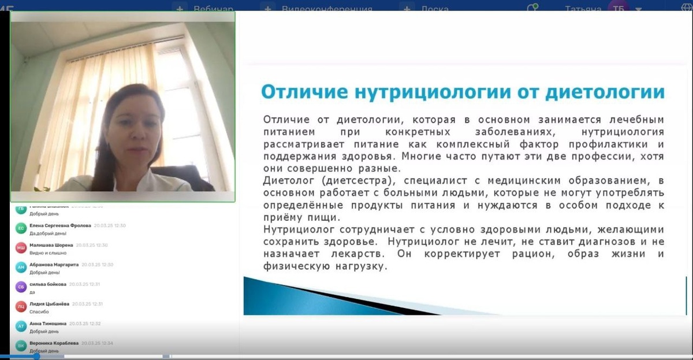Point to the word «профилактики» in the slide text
[x=612, y=144]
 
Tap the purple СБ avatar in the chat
[x=21, y=287]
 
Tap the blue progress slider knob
[x=36, y=356]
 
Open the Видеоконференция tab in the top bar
[x=327, y=9]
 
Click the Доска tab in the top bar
[x=434, y=9]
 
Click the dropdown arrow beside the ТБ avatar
[x=638, y=9]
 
